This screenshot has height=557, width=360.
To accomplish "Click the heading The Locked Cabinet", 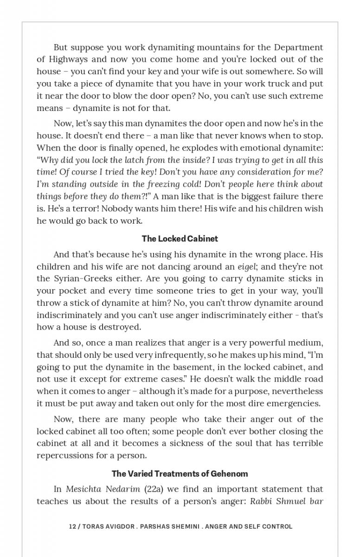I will click(180, 239).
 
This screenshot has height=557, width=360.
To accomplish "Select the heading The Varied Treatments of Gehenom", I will click(180, 474).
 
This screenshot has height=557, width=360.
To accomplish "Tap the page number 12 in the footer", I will click(72, 526).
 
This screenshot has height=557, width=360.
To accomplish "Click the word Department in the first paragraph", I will click(298, 47).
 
